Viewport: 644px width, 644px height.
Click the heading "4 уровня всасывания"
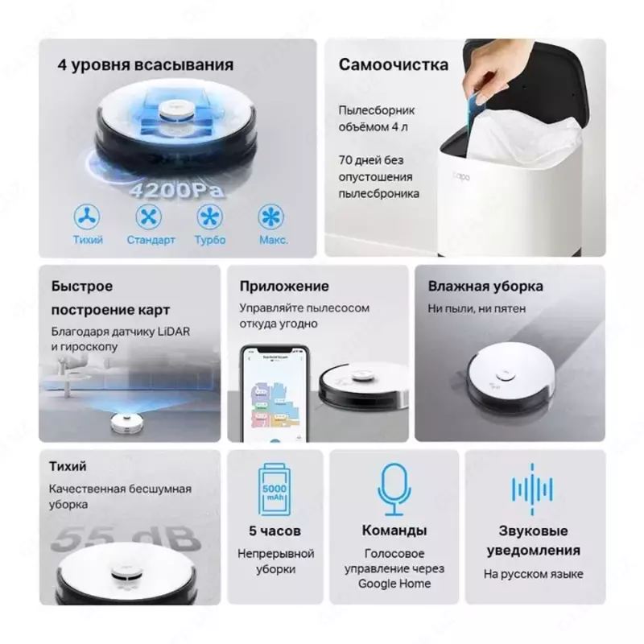click(x=146, y=65)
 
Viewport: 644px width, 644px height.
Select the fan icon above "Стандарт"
click(x=150, y=217)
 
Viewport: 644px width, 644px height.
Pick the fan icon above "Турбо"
click(x=209, y=217)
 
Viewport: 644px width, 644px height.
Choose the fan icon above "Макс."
click(x=270, y=217)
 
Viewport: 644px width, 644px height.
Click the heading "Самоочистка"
click(x=393, y=65)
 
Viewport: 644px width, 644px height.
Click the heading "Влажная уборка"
click(x=485, y=287)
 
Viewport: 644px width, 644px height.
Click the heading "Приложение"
click(x=284, y=286)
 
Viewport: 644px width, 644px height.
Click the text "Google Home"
click(x=394, y=584)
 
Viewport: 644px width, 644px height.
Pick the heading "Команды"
click(x=394, y=530)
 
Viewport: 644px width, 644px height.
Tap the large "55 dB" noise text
click(x=124, y=538)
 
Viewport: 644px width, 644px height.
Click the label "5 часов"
click(x=275, y=530)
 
